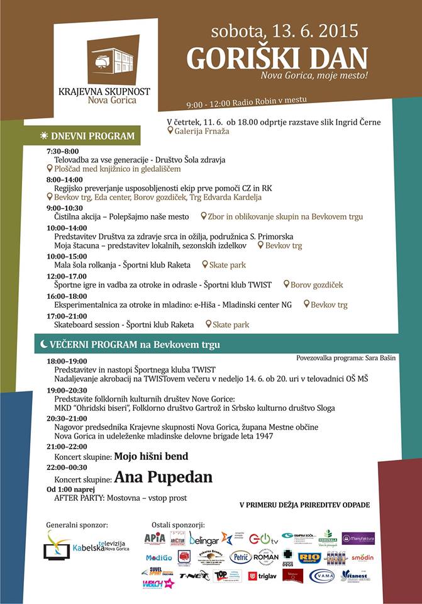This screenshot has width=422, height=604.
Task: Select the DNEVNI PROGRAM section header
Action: (x=93, y=136)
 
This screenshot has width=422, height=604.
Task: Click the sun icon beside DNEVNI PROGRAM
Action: (x=43, y=136)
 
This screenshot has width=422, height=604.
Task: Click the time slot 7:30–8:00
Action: (x=62, y=152)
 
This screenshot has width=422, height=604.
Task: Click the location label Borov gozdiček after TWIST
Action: (x=316, y=285)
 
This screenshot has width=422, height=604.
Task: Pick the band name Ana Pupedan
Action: (x=163, y=478)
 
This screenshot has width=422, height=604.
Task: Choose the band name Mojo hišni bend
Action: (x=151, y=456)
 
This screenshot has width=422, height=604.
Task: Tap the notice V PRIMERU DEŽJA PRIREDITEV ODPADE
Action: (x=304, y=505)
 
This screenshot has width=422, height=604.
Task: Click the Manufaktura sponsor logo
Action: (x=358, y=539)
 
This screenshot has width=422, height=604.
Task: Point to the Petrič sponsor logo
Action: (x=240, y=557)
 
